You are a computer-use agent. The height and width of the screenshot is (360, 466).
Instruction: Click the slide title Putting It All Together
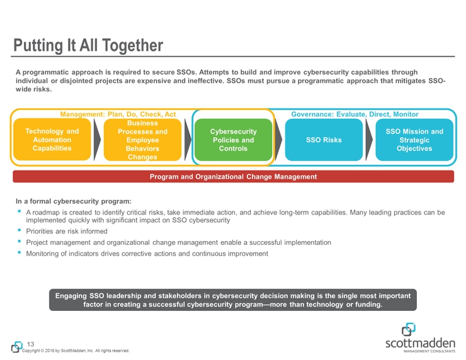[88, 45]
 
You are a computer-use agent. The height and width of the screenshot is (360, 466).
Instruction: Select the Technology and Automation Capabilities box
[52, 140]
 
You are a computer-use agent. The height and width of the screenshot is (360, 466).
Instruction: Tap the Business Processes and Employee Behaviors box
[143, 140]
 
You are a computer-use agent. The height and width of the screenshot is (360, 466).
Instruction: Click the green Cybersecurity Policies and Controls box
[233, 140]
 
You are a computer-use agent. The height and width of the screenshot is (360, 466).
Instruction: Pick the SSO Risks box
[324, 140]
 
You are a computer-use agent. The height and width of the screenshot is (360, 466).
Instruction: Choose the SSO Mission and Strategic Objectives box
[414, 140]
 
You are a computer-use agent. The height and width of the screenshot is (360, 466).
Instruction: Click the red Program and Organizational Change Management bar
[233, 176]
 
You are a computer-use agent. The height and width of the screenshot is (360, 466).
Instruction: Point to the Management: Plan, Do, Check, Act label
[118, 115]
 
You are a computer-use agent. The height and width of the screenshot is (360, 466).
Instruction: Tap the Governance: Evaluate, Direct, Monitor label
[355, 115]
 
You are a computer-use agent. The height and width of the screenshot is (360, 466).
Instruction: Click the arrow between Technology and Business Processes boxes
[97, 140]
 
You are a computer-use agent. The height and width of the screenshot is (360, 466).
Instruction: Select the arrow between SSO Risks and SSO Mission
[369, 140]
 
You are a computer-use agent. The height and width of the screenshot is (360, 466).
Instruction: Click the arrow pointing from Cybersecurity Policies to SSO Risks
[278, 140]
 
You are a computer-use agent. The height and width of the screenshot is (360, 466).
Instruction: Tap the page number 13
[31, 344]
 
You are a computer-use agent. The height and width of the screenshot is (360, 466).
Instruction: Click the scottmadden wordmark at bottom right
[420, 344]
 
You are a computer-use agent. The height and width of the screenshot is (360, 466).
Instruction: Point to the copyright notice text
[76, 351]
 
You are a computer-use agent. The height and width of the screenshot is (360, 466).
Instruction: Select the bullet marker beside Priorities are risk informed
[20, 230]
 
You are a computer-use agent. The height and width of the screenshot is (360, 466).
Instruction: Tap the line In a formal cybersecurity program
[74, 201]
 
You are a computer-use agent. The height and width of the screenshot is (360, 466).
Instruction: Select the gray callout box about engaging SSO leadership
[233, 300]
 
